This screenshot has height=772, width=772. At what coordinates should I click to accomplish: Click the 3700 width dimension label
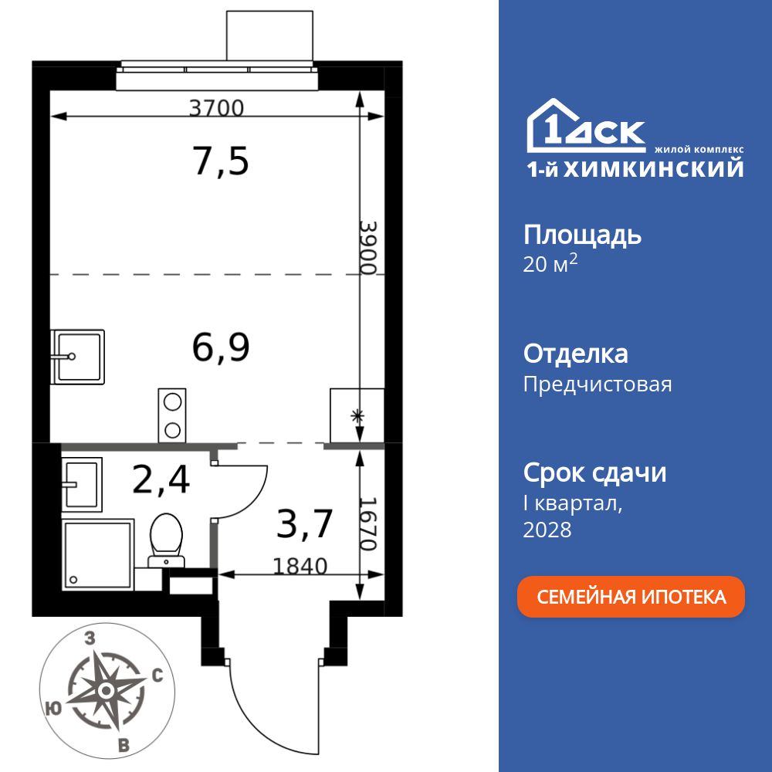(216, 108)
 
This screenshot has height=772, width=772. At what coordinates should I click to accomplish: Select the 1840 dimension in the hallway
(300, 566)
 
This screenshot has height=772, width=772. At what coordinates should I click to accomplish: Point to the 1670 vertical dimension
(368, 523)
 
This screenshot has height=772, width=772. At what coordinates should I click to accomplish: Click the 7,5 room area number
(220, 161)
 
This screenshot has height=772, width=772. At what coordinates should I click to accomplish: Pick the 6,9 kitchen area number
(220, 348)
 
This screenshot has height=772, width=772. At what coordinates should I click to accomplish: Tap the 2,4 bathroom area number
(161, 479)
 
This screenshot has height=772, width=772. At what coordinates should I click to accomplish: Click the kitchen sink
(78, 357)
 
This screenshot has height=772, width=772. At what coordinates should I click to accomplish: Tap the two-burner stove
(172, 415)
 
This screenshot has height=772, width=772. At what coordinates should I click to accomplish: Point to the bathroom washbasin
(81, 484)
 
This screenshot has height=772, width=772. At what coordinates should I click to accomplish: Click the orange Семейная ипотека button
(631, 597)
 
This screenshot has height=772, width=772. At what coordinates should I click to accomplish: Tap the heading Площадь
(582, 235)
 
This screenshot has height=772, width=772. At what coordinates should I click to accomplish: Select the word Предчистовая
(598, 384)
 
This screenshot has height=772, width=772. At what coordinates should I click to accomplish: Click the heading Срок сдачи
(594, 472)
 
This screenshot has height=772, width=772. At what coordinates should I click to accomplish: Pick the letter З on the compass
(90, 638)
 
